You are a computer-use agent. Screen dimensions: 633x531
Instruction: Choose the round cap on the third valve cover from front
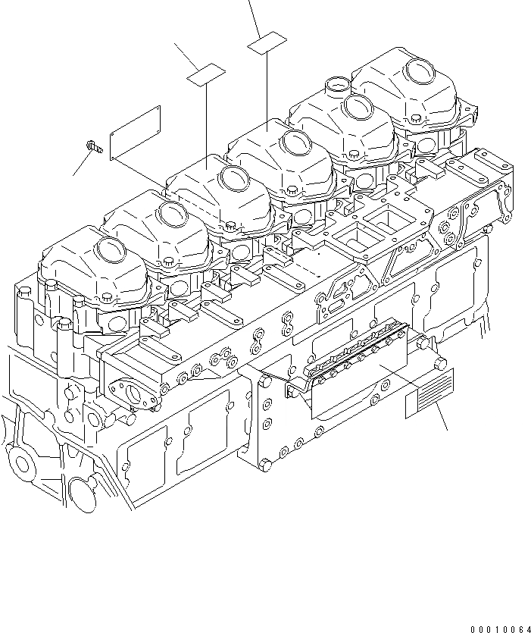[x=236, y=179]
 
